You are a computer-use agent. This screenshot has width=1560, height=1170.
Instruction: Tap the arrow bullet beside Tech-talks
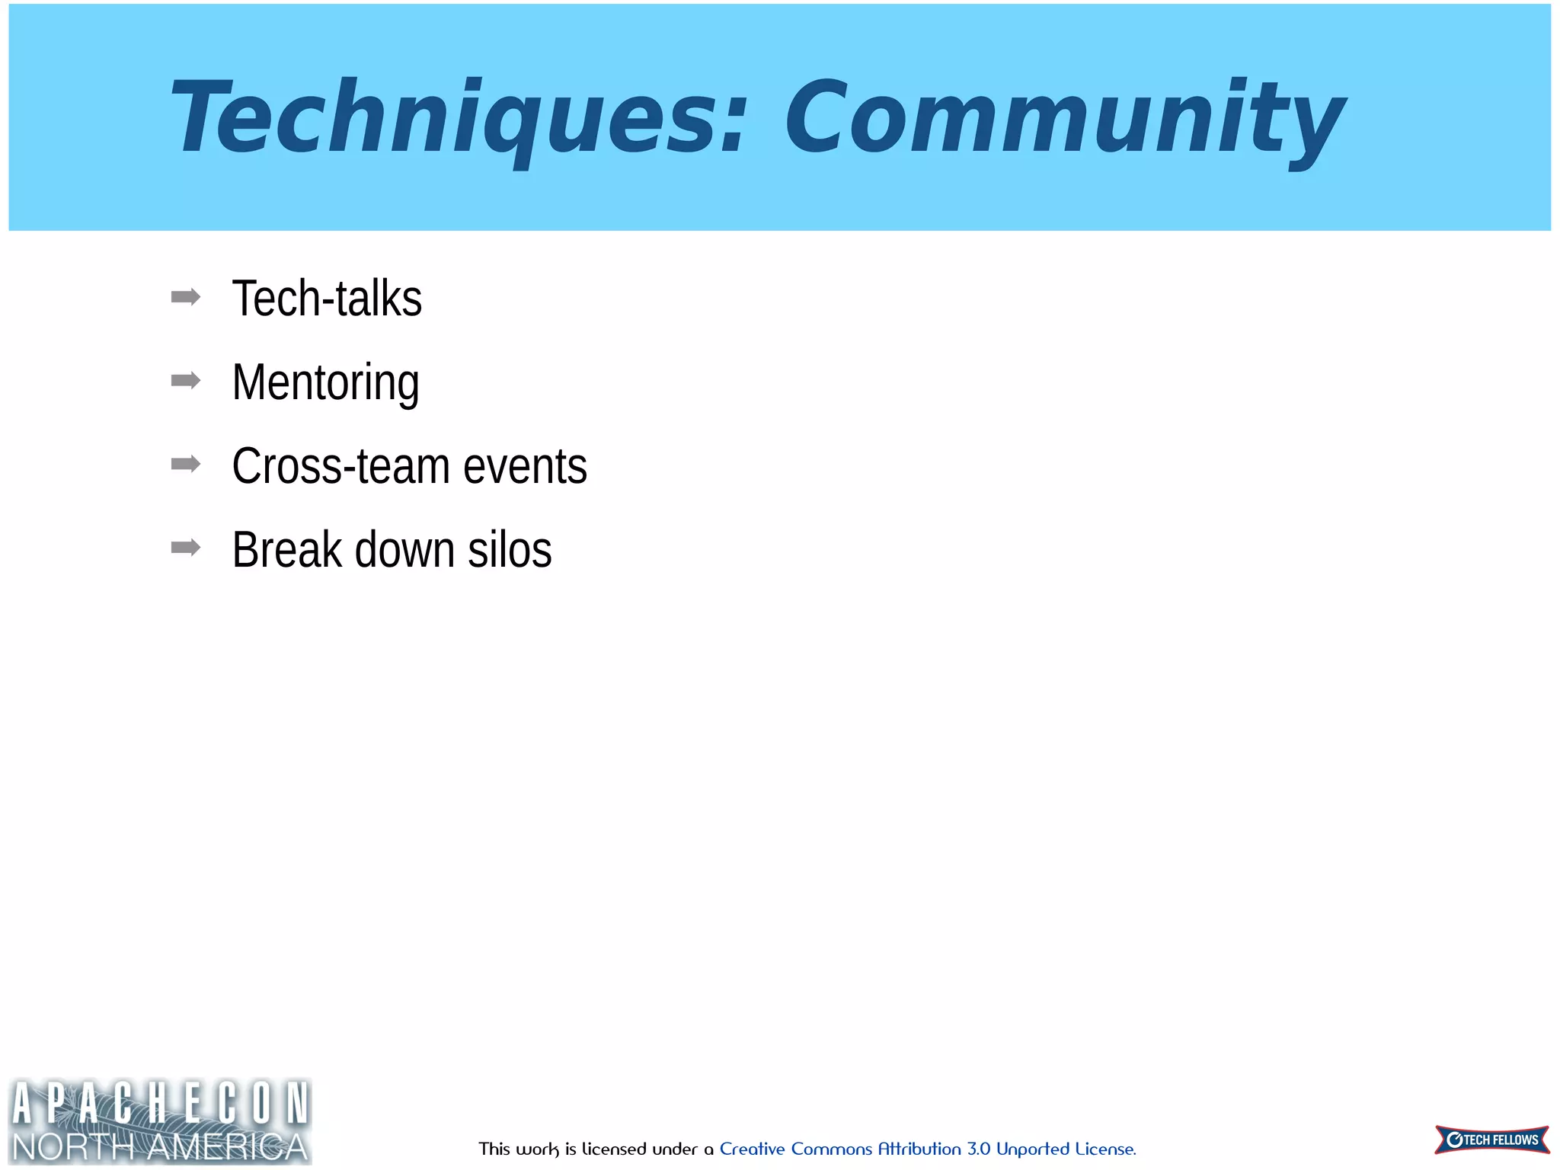pyautogui.click(x=186, y=297)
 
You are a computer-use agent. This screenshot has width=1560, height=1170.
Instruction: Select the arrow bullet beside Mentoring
pyautogui.click(x=186, y=380)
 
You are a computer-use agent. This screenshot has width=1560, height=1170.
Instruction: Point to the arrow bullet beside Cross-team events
pyautogui.click(x=186, y=464)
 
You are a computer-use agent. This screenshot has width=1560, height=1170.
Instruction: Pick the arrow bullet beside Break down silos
pyautogui.click(x=186, y=548)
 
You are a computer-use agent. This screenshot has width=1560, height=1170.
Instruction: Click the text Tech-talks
pyautogui.click(x=327, y=299)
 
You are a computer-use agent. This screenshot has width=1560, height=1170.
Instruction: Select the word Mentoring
pyautogui.click(x=325, y=382)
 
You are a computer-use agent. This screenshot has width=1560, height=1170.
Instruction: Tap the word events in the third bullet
pyautogui.click(x=525, y=466)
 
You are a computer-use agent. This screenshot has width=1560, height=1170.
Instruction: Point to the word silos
pyautogui.click(x=510, y=550)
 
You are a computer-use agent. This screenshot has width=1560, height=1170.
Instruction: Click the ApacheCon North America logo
pyautogui.click(x=160, y=1120)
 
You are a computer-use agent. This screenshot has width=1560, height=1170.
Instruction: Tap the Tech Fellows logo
pyautogui.click(x=1491, y=1140)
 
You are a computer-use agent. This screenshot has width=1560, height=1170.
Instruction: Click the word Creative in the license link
pyautogui.click(x=752, y=1149)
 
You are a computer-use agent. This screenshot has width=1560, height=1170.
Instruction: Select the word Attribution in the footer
pyautogui.click(x=919, y=1149)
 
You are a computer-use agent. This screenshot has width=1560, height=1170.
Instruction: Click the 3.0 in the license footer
pyautogui.click(x=979, y=1149)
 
